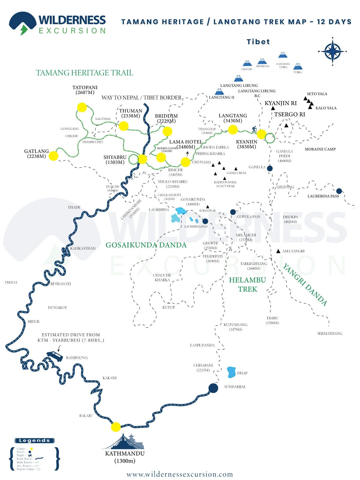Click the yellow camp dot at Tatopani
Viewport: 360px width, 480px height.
[82, 107]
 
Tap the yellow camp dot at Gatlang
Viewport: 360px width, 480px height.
[53, 156]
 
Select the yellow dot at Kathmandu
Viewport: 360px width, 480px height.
[116, 427]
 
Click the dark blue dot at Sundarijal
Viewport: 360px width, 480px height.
[213, 388]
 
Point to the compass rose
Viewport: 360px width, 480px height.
[332, 51]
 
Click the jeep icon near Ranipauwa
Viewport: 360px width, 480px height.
[55, 356]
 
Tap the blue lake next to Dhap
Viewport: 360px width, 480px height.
[231, 372]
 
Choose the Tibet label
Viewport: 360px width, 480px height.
[258, 42]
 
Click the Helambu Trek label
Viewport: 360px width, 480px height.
[247, 284]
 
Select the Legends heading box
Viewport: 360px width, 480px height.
[34, 440]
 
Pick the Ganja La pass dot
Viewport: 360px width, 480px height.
[270, 168]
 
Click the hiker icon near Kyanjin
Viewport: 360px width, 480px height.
[254, 129]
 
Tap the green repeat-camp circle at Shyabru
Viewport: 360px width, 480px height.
[133, 159]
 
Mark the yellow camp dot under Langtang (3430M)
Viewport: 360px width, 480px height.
[233, 130]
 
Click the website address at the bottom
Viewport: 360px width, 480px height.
[180, 474]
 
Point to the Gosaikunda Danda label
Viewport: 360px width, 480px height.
[146, 245]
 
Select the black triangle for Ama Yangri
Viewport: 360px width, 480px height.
[278, 251]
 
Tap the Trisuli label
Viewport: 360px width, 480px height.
[11, 282]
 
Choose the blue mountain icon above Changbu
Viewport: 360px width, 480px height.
[247, 63]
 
